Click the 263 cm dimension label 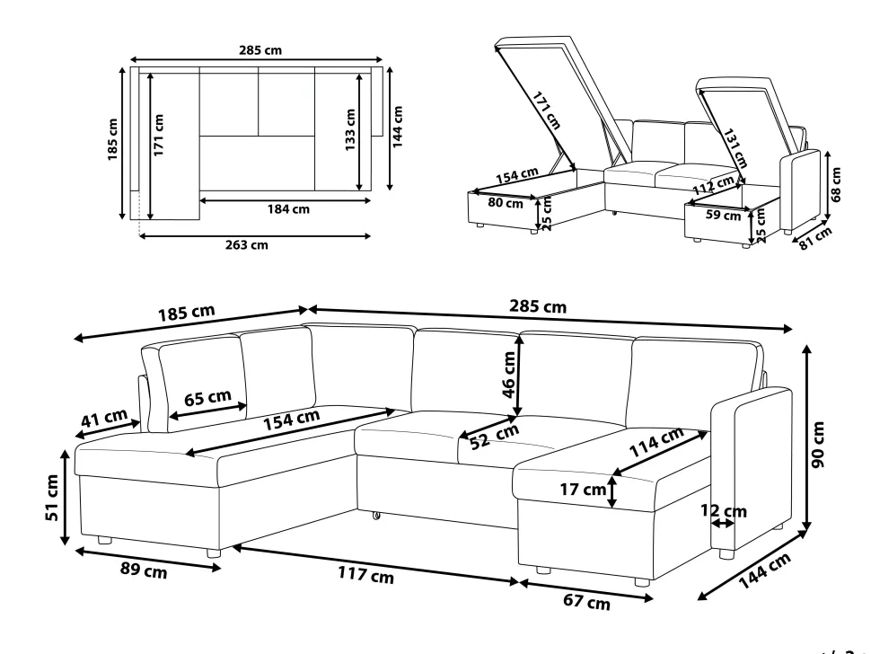pos(247,244)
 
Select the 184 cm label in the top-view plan pos(288,209)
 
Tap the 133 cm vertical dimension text pos(350,130)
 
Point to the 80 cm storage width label pos(506,203)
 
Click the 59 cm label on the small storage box pos(723,215)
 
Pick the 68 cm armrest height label pos(836,184)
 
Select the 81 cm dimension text pos(815,238)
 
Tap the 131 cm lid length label pos(735,148)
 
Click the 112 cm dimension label pos(713,185)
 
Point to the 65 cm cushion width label pos(207,398)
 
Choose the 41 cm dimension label pos(104,418)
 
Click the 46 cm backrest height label pos(509,375)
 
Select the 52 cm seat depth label pos(495,437)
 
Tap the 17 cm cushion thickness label pos(583,490)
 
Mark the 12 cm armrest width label pos(723,510)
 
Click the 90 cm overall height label pos(818,445)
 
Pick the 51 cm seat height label pos(52,498)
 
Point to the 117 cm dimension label pos(366,574)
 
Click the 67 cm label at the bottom pos(586,602)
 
